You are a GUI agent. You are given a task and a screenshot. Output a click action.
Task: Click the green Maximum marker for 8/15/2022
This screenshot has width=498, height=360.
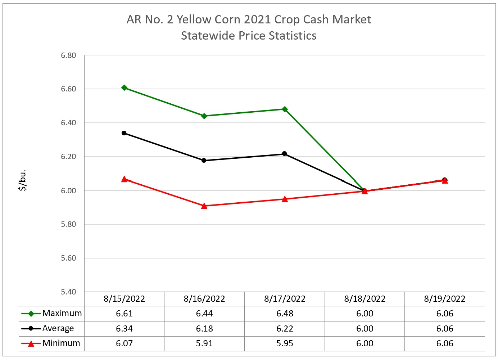point(124,87)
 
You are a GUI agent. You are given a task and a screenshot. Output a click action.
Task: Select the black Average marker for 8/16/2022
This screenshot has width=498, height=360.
point(204,161)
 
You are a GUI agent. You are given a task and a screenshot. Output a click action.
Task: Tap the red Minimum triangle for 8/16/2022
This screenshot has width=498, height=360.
point(204,206)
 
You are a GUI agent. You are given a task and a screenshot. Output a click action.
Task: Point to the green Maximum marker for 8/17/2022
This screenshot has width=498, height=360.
point(285,109)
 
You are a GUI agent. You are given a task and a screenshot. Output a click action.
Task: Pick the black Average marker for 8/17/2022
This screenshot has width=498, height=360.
point(285,154)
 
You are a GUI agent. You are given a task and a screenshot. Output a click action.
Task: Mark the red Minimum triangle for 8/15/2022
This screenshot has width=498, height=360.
point(124,179)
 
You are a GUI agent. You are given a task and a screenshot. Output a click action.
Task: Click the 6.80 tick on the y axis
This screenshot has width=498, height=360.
point(68,55)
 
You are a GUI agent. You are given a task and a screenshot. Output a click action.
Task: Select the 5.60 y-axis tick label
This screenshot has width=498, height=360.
point(68,258)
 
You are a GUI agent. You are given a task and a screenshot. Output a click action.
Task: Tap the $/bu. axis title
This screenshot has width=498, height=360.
point(22,180)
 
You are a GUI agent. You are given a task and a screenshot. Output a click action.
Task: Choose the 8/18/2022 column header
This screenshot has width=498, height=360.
point(365,299)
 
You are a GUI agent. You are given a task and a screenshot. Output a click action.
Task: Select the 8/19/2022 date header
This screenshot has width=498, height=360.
point(445,299)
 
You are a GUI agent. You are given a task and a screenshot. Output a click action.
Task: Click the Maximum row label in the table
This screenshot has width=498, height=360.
point(62,313)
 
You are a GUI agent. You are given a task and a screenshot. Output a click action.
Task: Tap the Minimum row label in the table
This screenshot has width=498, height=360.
point(61,343)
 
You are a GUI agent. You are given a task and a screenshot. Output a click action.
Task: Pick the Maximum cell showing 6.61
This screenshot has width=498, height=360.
point(124,314)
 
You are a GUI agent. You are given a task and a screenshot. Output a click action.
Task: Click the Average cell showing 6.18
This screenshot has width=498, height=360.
point(204,329)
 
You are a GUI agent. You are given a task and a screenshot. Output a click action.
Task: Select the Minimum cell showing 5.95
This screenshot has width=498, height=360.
point(285,343)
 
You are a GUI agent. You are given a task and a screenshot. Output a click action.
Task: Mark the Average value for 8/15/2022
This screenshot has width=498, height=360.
point(124,329)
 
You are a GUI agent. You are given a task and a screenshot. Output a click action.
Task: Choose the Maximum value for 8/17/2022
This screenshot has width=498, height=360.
point(285,314)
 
